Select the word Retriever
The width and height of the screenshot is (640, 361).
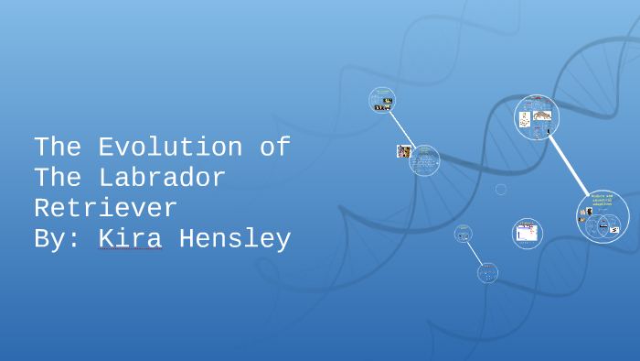105,208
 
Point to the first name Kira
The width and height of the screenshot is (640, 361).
130,239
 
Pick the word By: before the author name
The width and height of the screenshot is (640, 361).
57,239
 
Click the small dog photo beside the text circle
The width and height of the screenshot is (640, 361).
402,150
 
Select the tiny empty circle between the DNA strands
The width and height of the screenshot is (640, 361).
501,189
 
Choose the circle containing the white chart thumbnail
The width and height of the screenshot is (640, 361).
527,233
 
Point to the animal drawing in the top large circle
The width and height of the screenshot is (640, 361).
543,115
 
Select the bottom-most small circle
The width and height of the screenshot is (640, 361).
487,272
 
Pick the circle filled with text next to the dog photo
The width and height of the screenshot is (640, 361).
424,161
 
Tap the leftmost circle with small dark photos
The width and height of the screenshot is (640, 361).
382,100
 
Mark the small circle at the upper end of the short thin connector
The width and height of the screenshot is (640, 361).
463,234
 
